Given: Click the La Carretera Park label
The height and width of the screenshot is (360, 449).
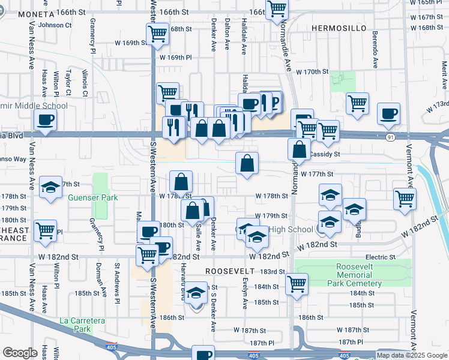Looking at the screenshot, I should (x=83, y=325).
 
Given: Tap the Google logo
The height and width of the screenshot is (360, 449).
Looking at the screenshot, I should (x=20, y=353).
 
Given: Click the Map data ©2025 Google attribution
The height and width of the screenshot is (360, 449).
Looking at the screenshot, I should (x=411, y=355).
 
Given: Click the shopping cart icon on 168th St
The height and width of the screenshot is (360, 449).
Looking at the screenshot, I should (x=157, y=34).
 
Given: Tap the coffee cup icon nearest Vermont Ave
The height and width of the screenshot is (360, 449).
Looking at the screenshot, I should (x=388, y=114).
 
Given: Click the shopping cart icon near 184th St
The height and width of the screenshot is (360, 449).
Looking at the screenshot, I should (x=297, y=284).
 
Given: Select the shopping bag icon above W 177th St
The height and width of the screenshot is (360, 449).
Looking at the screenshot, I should (x=247, y=163).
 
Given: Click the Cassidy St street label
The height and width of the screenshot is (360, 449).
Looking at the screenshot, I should (x=324, y=154).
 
